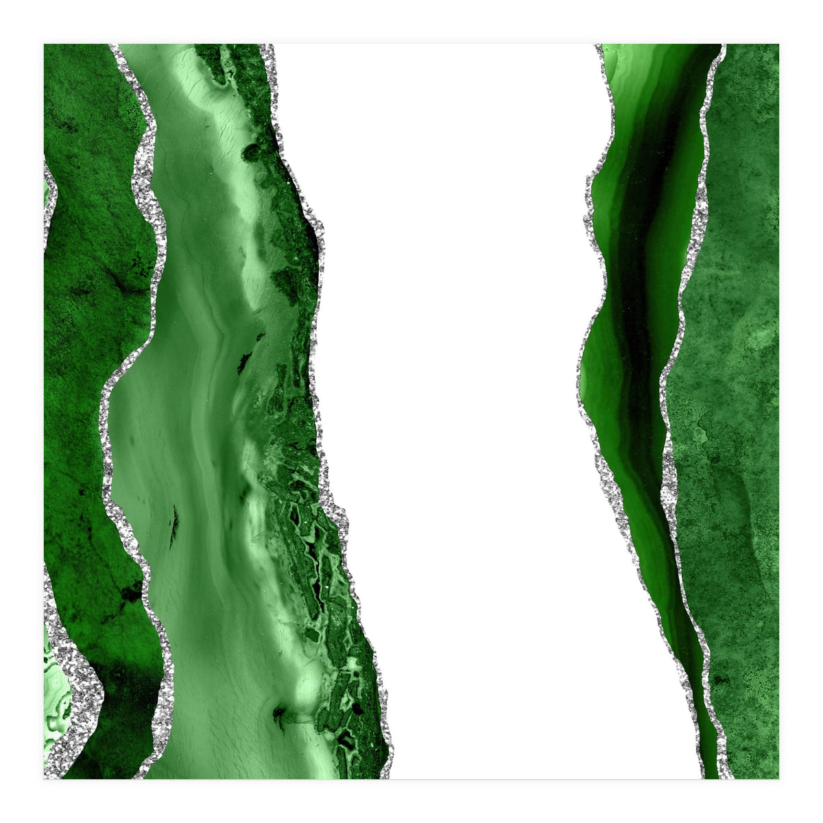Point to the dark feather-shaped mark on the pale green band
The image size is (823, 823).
click(x=174, y=525)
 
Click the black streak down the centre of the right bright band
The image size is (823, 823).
click(x=634, y=309)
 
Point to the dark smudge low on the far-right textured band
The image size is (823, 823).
click(x=720, y=679)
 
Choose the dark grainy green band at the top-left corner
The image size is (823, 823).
click(x=82, y=137)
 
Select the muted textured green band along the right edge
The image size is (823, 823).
click(x=734, y=343)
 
